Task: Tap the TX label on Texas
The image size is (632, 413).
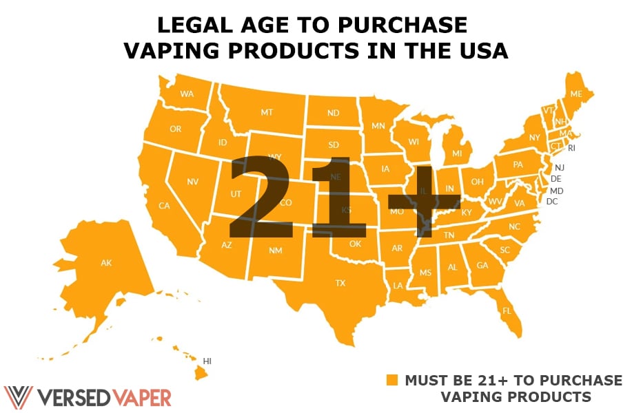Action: [340, 283]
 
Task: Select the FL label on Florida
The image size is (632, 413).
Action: [507, 311]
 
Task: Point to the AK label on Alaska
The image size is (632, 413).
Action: [106, 262]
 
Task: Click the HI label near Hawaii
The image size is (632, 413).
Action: [207, 360]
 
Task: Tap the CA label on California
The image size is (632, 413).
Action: [164, 205]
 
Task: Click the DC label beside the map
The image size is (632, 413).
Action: [552, 202]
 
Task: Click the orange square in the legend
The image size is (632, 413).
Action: [392, 381]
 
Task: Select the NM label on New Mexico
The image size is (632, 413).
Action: [276, 251]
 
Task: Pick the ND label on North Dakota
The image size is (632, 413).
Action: [333, 113]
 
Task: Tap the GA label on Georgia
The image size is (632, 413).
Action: [482, 266]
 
